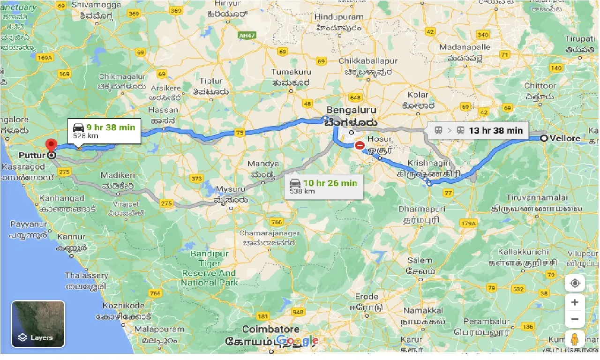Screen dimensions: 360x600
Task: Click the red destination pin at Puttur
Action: point(50,145)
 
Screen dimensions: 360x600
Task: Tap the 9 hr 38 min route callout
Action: point(105,131)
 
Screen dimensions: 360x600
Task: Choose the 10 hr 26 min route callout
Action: point(323,186)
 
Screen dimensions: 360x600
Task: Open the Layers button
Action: point(38,324)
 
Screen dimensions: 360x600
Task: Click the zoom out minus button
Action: point(575,320)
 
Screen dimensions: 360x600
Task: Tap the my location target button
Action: point(575,284)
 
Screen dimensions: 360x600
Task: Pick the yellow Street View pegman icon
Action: point(575,339)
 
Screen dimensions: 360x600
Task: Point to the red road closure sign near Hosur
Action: point(360,146)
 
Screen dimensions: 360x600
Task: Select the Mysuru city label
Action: point(230,189)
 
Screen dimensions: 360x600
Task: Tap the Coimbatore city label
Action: point(270,329)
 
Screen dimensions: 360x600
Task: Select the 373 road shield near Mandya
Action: point(197,179)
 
